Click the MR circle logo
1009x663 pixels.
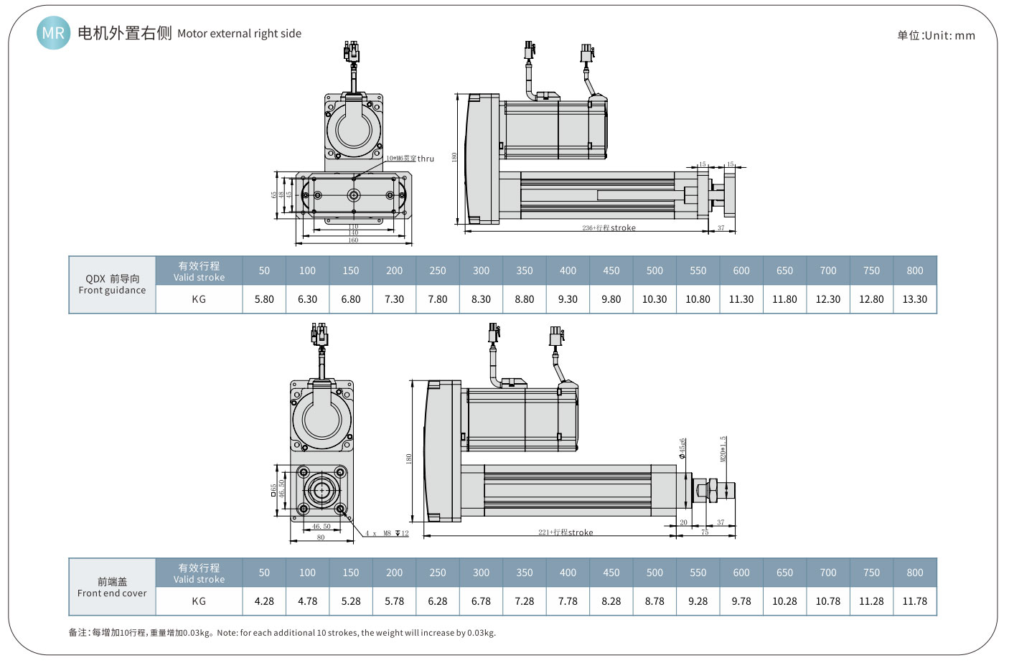[53, 33]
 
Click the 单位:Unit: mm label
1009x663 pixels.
[936, 35]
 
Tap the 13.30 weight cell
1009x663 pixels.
[914, 299]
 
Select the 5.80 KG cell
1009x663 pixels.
[264, 299]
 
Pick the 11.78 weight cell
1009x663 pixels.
[914, 601]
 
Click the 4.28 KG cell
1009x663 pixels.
[264, 601]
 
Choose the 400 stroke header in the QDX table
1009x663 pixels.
[568, 271]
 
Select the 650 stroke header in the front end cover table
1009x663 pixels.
[784, 573]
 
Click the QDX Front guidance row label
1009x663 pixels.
[112, 284]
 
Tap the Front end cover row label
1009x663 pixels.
[112, 587]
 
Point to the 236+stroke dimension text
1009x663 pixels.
[609, 228]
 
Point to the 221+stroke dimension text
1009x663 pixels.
[565, 532]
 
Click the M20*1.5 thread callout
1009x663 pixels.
[724, 448]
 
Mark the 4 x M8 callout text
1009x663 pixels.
[386, 533]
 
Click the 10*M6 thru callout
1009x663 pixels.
[410, 159]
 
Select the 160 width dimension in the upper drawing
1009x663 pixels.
[353, 240]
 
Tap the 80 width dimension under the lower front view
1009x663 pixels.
[321, 537]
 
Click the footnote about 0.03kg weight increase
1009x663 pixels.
[282, 633]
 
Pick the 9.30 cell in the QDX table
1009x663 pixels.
[568, 299]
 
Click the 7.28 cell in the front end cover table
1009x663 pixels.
[525, 601]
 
